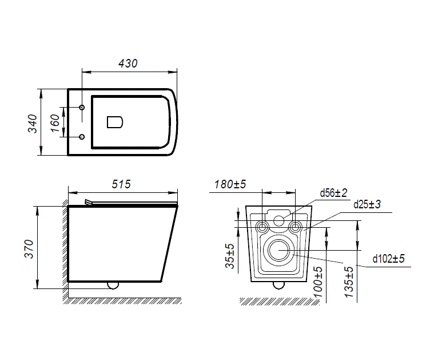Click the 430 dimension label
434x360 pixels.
pyautogui.click(x=128, y=64)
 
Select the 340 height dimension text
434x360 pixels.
pyautogui.click(x=33, y=124)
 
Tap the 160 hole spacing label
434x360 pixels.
pyautogui.click(x=55, y=123)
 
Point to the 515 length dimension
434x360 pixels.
pyautogui.click(x=121, y=184)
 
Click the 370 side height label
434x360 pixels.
pyautogui.click(x=29, y=249)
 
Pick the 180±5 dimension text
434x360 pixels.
pyautogui.click(x=230, y=184)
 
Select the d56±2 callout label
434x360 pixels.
pyautogui.click(x=333, y=193)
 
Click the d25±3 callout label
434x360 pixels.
pyautogui.click(x=367, y=204)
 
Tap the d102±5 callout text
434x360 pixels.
pyautogui.click(x=389, y=259)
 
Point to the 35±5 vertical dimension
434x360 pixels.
pyautogui.click(x=230, y=256)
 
